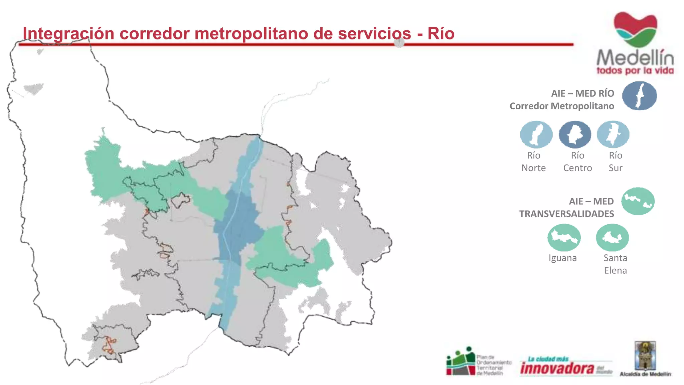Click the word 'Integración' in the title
(68, 34)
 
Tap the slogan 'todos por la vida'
(635, 71)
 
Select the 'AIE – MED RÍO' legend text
(582, 94)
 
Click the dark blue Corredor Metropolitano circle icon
(639, 96)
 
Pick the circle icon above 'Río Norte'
(536, 134)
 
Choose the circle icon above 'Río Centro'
(575, 134)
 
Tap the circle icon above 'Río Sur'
(613, 134)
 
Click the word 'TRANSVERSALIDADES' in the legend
(566, 214)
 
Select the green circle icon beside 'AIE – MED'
(638, 201)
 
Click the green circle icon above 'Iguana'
(564, 238)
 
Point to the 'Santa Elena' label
(615, 264)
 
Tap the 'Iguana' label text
(562, 258)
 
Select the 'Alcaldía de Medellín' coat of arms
(645, 357)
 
